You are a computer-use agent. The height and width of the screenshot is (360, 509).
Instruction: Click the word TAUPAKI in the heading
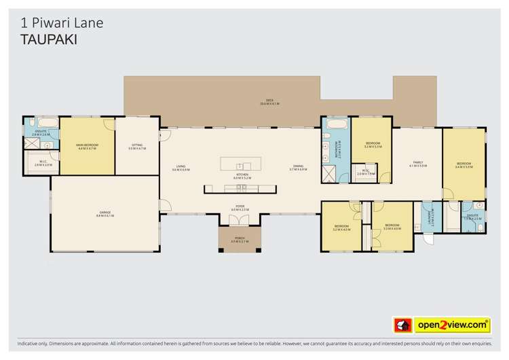click(45, 39)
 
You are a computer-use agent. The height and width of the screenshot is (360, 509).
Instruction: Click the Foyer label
click(240, 207)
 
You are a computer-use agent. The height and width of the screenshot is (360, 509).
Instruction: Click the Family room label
click(418, 163)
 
